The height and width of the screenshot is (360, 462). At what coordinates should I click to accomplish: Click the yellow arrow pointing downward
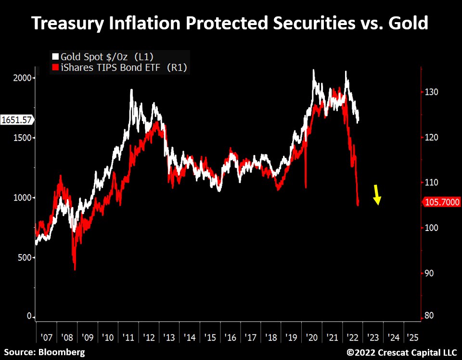coord(377,195)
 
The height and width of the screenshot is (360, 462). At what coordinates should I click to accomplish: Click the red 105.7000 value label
coord(441,203)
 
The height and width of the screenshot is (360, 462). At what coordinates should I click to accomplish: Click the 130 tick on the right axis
coord(432,92)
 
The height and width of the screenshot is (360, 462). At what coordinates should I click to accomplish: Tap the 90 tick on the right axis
coord(430,273)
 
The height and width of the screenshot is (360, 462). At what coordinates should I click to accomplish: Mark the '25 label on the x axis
coord(412,337)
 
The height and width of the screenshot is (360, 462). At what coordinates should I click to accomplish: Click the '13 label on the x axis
coord(168,337)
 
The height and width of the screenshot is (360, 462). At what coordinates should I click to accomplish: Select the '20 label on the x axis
coord(310,337)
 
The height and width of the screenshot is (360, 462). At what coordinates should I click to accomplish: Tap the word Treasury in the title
coord(68,23)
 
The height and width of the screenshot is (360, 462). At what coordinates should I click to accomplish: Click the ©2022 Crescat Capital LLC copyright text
coord(402,352)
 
